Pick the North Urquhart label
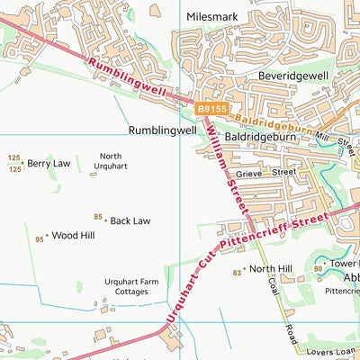[111, 161]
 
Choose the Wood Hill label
[74, 236]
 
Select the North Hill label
[271, 269]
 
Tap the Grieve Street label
[265, 171]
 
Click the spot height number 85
[98, 217]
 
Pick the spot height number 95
[40, 239]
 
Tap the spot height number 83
[237, 272]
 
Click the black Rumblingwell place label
[162, 130]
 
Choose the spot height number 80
[318, 267]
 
